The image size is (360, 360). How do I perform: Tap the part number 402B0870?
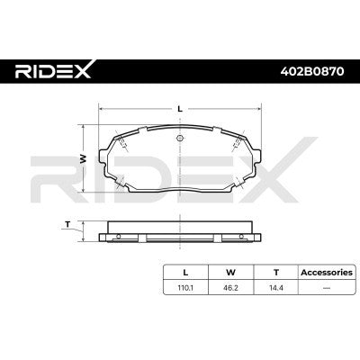(x=312, y=71)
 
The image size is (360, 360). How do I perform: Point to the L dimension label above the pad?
(x=180, y=109)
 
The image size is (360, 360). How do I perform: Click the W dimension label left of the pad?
(x=84, y=158)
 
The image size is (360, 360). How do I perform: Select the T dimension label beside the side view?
(x=67, y=224)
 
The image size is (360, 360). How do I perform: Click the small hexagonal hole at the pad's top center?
(x=180, y=139)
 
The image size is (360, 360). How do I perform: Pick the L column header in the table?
(x=185, y=273)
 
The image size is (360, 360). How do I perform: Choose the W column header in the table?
(x=230, y=273)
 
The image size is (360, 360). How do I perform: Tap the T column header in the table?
(x=276, y=273)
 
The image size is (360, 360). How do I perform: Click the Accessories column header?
(x=327, y=273)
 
